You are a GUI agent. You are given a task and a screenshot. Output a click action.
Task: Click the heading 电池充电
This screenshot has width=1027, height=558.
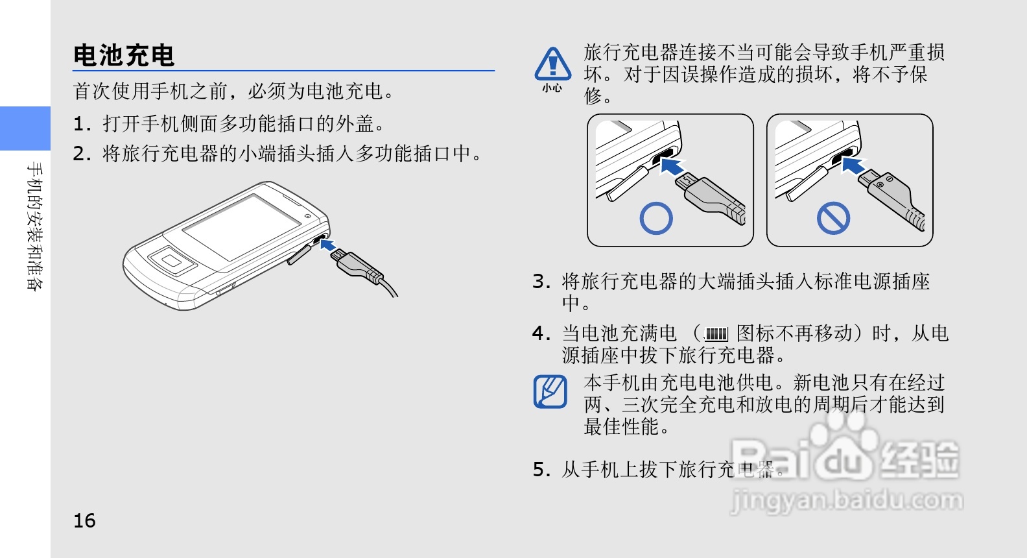124,56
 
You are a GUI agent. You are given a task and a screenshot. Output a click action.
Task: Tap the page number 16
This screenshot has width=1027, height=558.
84,521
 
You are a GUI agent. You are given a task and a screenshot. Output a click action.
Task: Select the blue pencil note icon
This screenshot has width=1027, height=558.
550,391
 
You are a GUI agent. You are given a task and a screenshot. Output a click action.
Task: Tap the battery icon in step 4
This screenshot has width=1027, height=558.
716,334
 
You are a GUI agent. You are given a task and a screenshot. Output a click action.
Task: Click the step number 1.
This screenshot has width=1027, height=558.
82,125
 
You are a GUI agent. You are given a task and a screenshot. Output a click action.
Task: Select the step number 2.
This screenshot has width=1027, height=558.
82,154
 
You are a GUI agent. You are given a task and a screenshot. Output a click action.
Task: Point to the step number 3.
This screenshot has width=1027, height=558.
541,282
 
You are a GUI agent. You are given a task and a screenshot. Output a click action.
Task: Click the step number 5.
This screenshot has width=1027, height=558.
541,470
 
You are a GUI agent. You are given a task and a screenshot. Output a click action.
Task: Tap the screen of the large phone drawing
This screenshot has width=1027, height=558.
242,226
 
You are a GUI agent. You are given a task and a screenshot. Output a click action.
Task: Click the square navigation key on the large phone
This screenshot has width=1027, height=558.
172,261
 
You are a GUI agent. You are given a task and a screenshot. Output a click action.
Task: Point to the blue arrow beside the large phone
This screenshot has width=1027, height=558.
328,244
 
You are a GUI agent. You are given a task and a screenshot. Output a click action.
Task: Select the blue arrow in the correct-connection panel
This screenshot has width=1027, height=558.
672,166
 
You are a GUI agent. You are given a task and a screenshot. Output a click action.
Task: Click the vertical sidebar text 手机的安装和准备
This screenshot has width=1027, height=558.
35,226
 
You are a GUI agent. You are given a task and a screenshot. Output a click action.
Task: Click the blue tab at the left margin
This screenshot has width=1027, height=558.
25,128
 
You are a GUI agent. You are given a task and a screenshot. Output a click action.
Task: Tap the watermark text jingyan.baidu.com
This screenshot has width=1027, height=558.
846,500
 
